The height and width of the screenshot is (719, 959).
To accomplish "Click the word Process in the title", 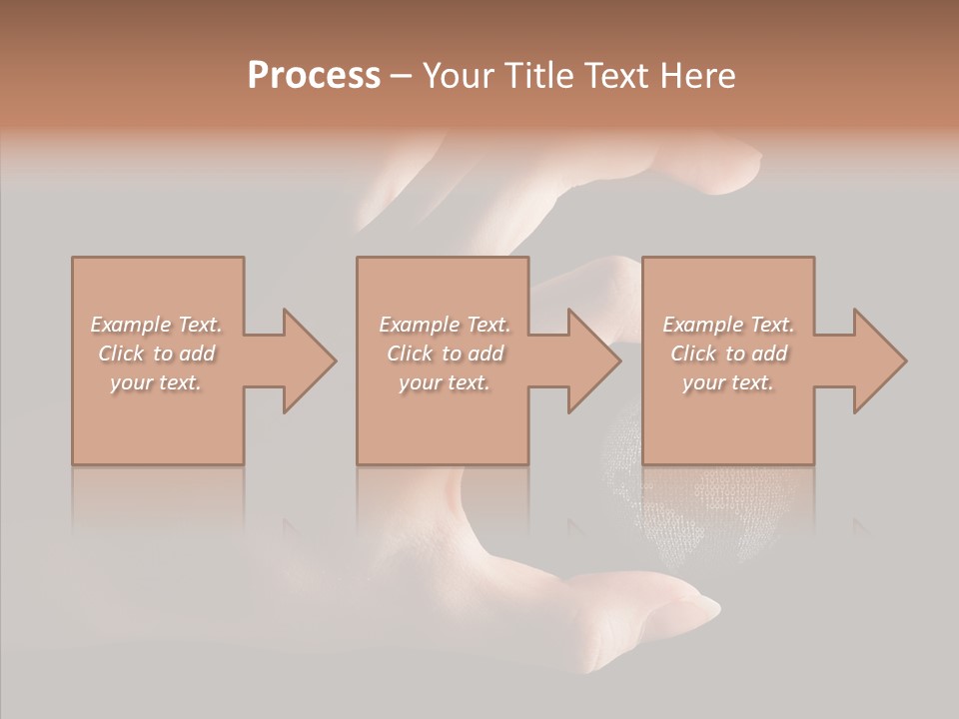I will coord(314,76).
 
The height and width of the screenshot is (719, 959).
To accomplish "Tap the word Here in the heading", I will coord(696,76).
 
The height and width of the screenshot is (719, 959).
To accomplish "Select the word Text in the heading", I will coord(619,76).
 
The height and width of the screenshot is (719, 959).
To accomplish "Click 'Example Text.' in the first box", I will coord(156,325).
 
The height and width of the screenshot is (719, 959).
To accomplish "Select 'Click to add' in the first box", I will coord(156,354).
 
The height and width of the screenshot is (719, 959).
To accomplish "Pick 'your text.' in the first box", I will coord(156,382).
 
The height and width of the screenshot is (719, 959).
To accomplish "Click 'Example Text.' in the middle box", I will coord(444,325).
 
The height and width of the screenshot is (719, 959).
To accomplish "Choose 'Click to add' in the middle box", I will coord(444,354).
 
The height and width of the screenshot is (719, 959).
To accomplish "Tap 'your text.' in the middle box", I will coord(444,382).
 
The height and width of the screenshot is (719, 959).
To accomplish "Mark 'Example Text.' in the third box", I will coord(728,325).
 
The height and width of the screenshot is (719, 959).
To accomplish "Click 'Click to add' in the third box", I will coord(728,354).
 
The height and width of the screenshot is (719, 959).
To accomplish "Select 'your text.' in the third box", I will coord(728,382).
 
